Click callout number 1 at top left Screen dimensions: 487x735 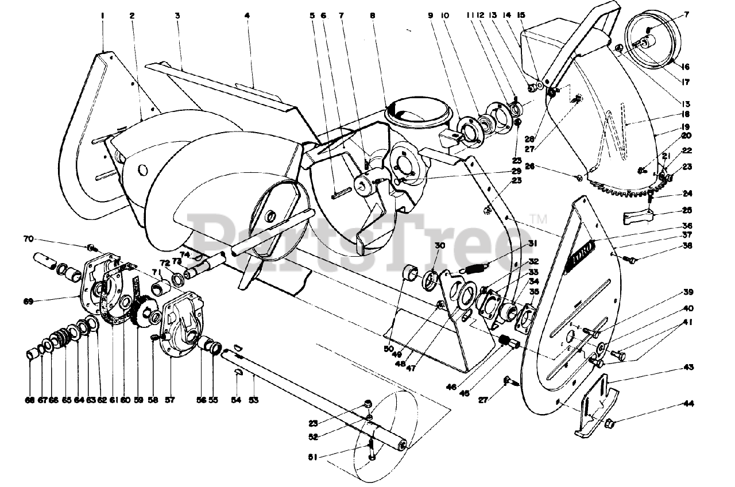103,16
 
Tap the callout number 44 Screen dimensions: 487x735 688,404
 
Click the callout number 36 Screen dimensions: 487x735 687,226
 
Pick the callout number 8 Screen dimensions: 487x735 373,16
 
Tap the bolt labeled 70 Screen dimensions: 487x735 91,248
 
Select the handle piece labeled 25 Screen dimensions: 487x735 638,219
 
